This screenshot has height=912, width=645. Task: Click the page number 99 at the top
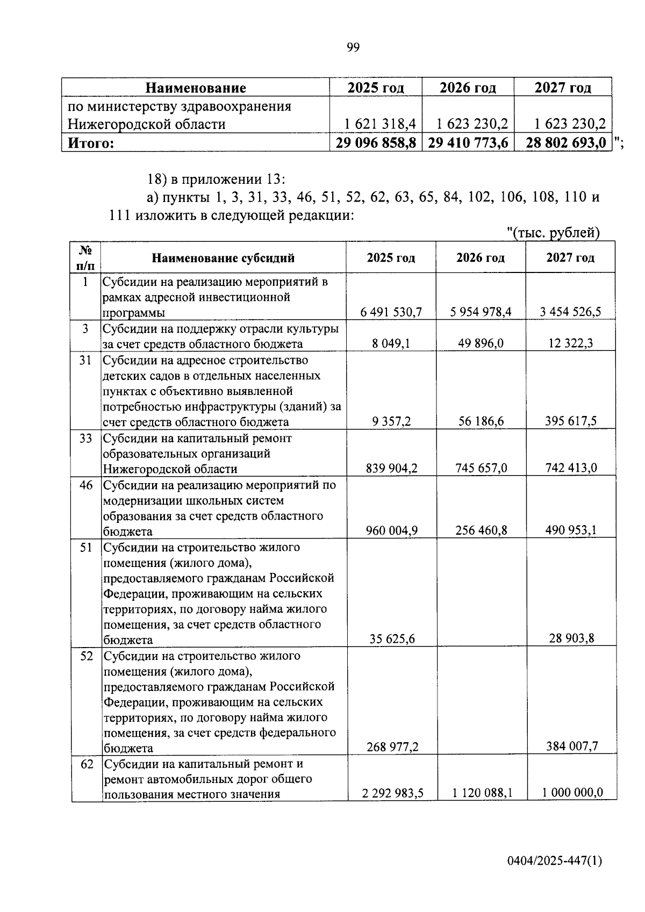coord(353,48)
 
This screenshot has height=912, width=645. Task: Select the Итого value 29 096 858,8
coord(376,143)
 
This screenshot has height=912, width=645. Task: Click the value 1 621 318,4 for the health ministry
coord(380,125)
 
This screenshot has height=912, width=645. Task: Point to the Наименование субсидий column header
coord(223,258)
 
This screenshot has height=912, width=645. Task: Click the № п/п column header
coord(85,257)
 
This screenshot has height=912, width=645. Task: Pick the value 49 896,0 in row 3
coord(481,343)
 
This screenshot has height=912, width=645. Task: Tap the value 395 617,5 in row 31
coord(572,421)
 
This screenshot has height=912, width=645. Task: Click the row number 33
coord(85,438)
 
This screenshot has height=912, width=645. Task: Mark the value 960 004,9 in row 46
coord(391,531)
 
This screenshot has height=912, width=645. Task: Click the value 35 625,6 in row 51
coord(392,639)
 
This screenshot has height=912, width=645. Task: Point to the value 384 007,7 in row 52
coord(571,746)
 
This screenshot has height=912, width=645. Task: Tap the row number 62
coord(87,764)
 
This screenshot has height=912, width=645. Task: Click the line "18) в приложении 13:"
coord(217,179)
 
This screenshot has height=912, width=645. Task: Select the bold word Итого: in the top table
coord(90,143)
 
